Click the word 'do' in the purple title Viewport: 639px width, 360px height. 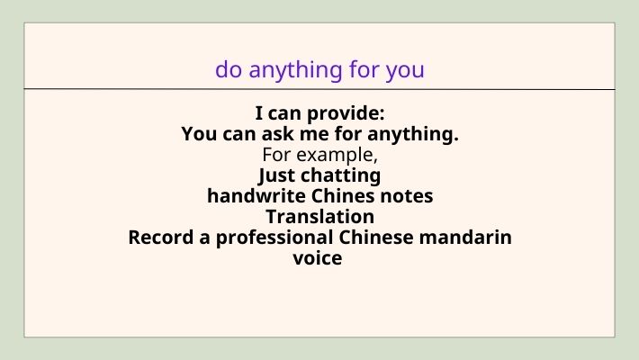point(228,69)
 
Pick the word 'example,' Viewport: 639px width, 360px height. point(340,155)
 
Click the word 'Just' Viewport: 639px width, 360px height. point(277,175)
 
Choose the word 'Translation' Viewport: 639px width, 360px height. point(319,217)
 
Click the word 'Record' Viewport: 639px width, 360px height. point(158,238)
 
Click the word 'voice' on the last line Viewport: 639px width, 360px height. point(319,258)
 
